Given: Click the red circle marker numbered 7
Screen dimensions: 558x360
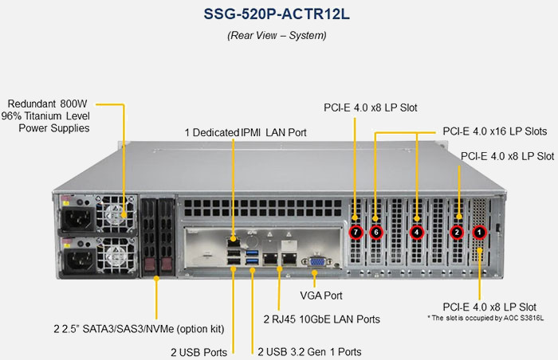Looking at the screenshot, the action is pos(356,233).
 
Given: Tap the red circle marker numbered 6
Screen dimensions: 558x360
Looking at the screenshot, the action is pos(375,233).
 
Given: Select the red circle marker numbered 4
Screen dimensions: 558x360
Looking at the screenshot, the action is pos(416,233).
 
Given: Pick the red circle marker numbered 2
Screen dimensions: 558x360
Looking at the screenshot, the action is pos(457,233).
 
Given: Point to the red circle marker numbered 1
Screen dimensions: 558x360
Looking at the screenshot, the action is pos(479,233).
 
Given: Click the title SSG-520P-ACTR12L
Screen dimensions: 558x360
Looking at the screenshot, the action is pos(277,14).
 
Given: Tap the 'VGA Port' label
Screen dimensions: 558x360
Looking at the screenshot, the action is pos(321,295).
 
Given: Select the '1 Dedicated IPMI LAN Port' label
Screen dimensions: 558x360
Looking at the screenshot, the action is pos(246,133).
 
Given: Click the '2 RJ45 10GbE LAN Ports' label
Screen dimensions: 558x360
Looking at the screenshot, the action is pos(322,319).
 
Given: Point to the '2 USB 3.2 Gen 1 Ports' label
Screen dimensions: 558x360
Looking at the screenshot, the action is pos(309,352).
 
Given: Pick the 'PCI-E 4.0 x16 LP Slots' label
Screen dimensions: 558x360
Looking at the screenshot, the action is pos(495,131).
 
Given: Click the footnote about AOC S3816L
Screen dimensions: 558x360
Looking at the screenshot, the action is pos(485,318).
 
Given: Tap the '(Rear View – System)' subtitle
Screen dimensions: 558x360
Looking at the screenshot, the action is pos(277,35).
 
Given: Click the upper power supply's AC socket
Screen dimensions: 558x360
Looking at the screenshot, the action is pos(77,217).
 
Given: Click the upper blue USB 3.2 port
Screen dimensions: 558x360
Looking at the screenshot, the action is pos(252,253).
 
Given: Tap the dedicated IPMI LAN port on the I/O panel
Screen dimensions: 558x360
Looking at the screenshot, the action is pos(233,242).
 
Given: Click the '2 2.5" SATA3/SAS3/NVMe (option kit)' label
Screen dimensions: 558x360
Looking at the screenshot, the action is pos(139,329).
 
